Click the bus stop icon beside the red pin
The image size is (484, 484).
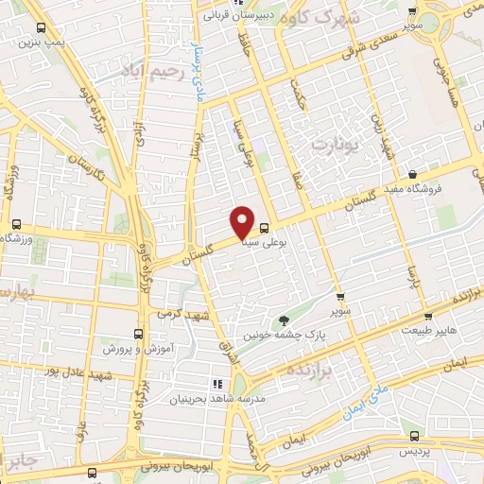264,227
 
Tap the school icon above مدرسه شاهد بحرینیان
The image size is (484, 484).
217,384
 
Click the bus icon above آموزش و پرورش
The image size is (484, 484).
139,334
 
